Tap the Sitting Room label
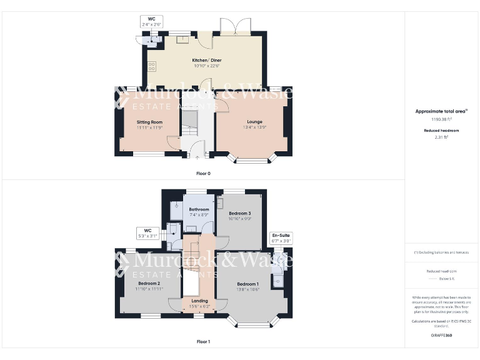click(149, 122)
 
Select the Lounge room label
click(254, 121)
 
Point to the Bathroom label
click(199, 209)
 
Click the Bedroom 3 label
click(239, 214)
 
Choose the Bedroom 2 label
click(149, 283)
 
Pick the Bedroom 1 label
click(248, 283)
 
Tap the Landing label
click(199, 301)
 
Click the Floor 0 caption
click(203, 173)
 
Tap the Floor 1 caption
click(203, 342)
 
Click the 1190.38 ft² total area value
click(442, 118)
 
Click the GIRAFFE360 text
click(442, 336)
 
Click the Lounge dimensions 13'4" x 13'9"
click(254, 127)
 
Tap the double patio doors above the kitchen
click(234, 27)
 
